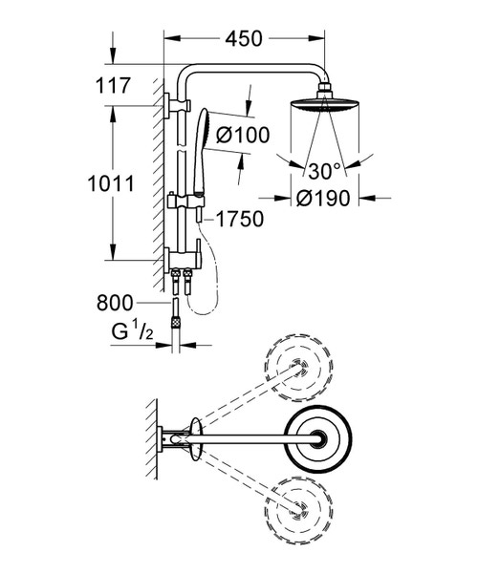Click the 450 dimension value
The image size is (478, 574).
pyautogui.click(x=244, y=39)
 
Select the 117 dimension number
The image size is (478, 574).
pyautogui.click(x=113, y=86)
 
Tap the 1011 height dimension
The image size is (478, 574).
pyautogui.click(x=111, y=183)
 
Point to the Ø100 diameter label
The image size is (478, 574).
pyautogui.click(x=242, y=135)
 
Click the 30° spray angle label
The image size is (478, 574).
pyautogui.click(x=325, y=171)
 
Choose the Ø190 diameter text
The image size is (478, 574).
pyautogui.click(x=323, y=199)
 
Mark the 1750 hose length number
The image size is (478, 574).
pyautogui.click(x=240, y=220)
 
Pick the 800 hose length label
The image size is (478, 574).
pyautogui.click(x=115, y=304)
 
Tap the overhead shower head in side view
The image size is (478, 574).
pyautogui.click(x=324, y=104)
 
